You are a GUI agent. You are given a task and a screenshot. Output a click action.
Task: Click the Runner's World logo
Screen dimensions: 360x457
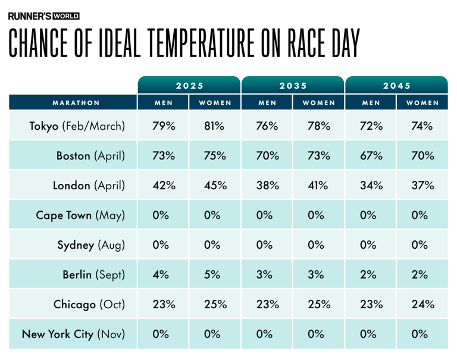[43, 16]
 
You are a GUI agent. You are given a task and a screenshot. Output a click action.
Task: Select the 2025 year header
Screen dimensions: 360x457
[189, 86]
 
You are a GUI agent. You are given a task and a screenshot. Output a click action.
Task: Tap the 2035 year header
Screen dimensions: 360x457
[293, 86]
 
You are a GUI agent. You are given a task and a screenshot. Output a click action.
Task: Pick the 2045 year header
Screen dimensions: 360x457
[396, 86]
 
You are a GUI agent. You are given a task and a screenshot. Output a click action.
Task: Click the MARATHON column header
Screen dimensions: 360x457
[76, 102]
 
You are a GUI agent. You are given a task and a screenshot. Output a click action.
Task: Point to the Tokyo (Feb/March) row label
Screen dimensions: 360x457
[77, 126]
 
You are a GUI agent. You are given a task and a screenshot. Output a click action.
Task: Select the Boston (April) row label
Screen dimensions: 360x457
[90, 156]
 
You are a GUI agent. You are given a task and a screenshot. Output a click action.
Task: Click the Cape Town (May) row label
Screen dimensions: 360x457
[80, 215]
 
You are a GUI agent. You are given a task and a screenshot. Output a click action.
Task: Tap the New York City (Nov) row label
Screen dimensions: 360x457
[73, 334]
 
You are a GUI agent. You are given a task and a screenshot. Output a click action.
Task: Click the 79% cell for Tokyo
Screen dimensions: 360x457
[164, 126]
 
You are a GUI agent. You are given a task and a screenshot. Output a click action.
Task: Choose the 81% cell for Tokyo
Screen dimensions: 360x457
[215, 126]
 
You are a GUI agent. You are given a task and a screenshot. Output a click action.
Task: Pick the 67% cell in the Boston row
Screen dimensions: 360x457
[371, 156]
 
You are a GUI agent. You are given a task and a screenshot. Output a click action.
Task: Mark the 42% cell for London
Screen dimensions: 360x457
[164, 185]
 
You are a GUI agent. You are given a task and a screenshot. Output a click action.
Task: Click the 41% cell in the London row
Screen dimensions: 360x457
[318, 185]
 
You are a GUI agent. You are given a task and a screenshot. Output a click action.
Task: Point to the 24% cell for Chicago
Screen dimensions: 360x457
[422, 304]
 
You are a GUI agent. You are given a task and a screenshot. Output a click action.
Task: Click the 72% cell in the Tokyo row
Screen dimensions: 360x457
[371, 126]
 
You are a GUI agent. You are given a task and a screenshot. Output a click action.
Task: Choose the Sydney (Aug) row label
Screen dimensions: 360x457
[91, 245]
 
